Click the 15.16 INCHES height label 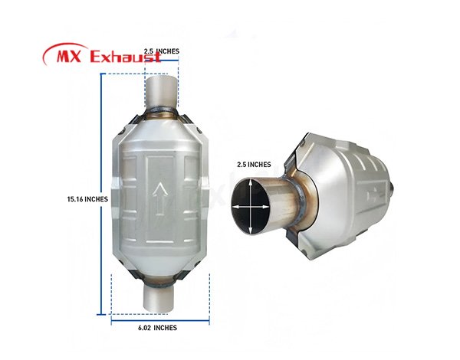tap(87, 199)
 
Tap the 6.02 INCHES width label tap(157, 328)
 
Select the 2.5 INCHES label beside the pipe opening tap(254, 165)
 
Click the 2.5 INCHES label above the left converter tap(162, 51)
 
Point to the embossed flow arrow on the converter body tap(160, 198)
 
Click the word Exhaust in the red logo tap(126, 56)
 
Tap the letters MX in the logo tap(69, 56)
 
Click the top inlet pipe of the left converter tap(162, 92)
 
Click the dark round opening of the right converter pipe tap(250, 206)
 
